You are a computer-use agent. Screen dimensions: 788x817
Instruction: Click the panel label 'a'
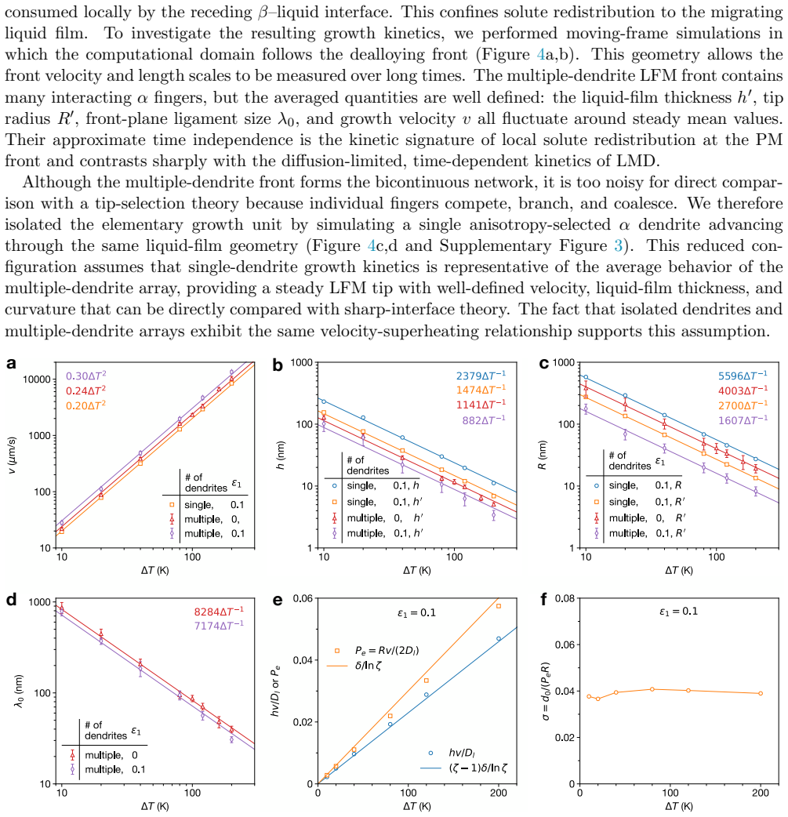(11, 364)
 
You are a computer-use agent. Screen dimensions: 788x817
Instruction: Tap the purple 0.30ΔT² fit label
(86, 376)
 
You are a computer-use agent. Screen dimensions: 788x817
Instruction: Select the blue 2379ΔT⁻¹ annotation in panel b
(481, 375)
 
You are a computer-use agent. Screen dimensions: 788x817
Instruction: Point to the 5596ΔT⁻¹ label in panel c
(743, 375)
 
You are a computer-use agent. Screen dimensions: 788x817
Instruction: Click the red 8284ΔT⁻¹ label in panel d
(219, 612)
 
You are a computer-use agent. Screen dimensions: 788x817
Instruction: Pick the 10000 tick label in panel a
(37, 379)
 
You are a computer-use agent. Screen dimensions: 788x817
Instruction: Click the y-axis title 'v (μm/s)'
(13, 455)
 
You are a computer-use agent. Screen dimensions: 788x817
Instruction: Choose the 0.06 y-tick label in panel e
(303, 598)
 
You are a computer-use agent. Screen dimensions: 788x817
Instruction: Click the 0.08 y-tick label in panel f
(565, 598)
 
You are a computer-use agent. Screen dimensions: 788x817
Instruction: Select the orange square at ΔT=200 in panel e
(499, 606)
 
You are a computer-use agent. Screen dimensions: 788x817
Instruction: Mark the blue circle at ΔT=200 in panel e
(499, 638)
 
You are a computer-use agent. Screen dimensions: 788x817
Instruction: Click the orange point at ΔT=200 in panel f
(761, 693)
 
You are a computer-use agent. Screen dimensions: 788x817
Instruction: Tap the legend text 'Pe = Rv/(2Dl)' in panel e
(387, 650)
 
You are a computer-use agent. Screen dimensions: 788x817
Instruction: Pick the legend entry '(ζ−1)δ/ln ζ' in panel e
(478, 768)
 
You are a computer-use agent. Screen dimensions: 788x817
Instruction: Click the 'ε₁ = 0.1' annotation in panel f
(678, 612)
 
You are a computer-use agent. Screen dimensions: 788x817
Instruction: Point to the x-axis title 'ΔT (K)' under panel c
(678, 571)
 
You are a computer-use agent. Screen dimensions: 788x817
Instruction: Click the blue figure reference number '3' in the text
(618, 245)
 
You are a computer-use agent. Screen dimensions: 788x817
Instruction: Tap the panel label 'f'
(543, 600)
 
